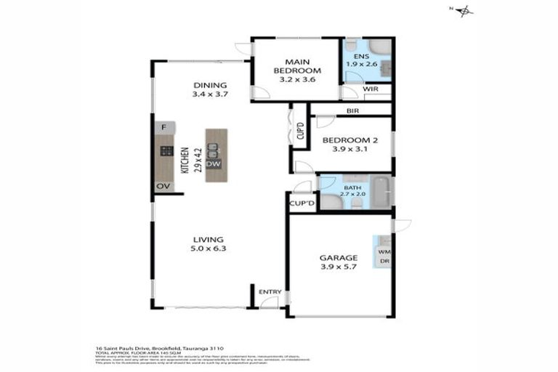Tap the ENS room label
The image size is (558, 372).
pyautogui.click(x=360, y=55)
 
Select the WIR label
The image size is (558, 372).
pyautogui.click(x=371, y=89)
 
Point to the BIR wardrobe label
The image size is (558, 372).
pyautogui.click(x=353, y=111)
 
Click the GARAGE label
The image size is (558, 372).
pyautogui.click(x=339, y=258)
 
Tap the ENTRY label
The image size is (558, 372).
pyautogui.click(x=270, y=292)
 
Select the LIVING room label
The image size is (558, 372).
pyautogui.click(x=208, y=239)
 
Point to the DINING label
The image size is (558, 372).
pyautogui.click(x=210, y=85)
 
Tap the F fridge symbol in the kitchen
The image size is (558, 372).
pyautogui.click(x=164, y=128)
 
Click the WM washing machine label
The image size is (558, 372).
pyautogui.click(x=382, y=251)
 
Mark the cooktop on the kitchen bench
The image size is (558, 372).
pyautogui.click(x=166, y=152)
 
